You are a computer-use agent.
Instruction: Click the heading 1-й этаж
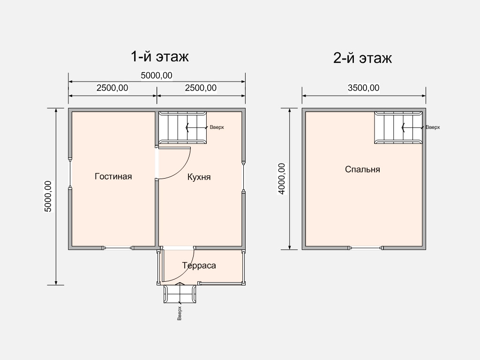159,57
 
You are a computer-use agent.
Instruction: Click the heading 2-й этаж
362,58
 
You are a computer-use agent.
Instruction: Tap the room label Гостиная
113,176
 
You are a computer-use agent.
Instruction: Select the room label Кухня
199,177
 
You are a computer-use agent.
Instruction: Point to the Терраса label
199,265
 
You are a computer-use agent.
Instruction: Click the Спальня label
362,169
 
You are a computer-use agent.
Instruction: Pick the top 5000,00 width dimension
157,75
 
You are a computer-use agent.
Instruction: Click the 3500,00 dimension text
364,88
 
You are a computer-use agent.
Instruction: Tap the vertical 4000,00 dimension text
282,179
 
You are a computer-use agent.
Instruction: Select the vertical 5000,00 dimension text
48,196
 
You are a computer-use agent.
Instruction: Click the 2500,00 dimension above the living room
112,88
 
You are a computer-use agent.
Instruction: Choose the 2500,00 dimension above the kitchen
201,88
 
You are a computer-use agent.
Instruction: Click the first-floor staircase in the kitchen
182,127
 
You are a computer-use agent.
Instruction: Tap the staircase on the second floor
398,127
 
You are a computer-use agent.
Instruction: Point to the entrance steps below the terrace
180,294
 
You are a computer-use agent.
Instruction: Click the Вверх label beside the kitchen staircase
217,127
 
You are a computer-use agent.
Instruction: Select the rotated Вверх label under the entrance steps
180,314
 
